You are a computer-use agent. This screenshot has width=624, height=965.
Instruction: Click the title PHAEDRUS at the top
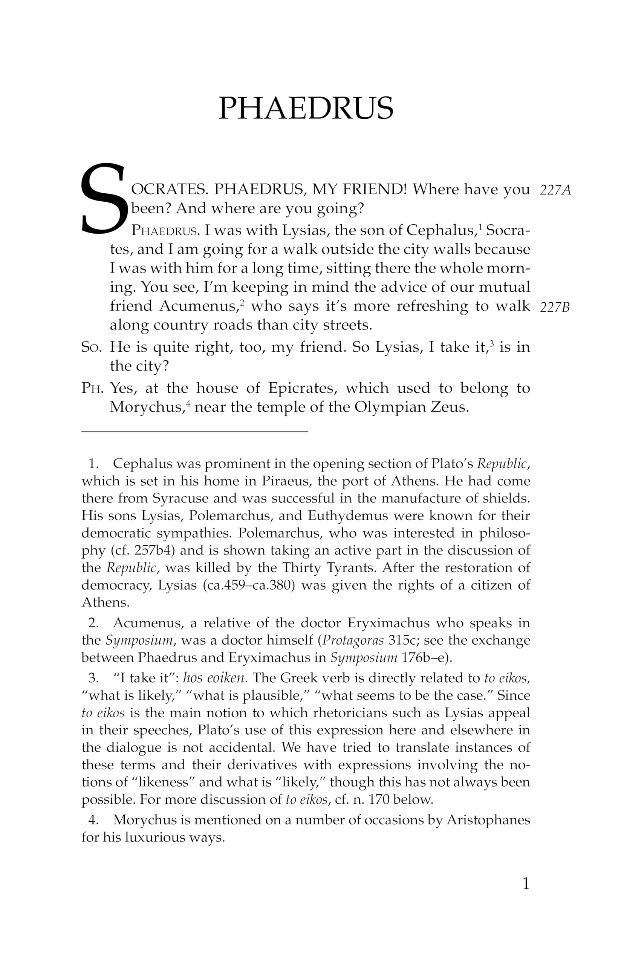pyautogui.click(x=306, y=108)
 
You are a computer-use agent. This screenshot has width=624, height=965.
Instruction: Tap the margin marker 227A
pyautogui.click(x=555, y=190)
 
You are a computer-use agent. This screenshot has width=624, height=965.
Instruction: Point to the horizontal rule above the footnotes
pyautogui.click(x=194, y=432)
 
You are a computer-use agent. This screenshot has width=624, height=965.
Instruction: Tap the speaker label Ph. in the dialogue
pyautogui.click(x=92, y=388)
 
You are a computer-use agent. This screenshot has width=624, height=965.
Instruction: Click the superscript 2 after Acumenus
pyautogui.click(x=242, y=302)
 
